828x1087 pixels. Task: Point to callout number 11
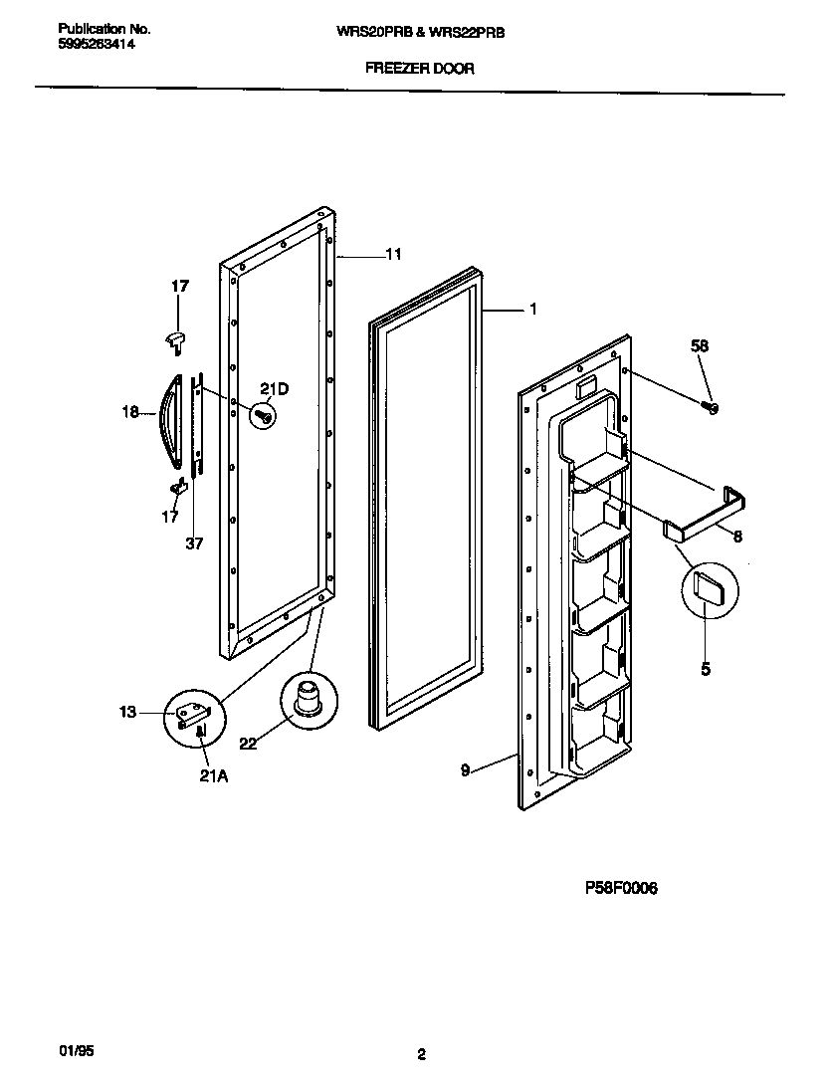tap(393, 255)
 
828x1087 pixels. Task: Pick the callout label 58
tap(700, 345)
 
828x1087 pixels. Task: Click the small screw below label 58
tap(710, 406)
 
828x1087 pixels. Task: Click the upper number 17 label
tap(179, 287)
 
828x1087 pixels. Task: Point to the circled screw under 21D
tap(265, 416)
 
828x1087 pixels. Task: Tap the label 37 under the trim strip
tap(194, 543)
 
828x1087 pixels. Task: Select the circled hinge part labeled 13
tap(191, 715)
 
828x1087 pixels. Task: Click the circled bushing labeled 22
tap(307, 699)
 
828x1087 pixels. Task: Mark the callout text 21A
tap(215, 776)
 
